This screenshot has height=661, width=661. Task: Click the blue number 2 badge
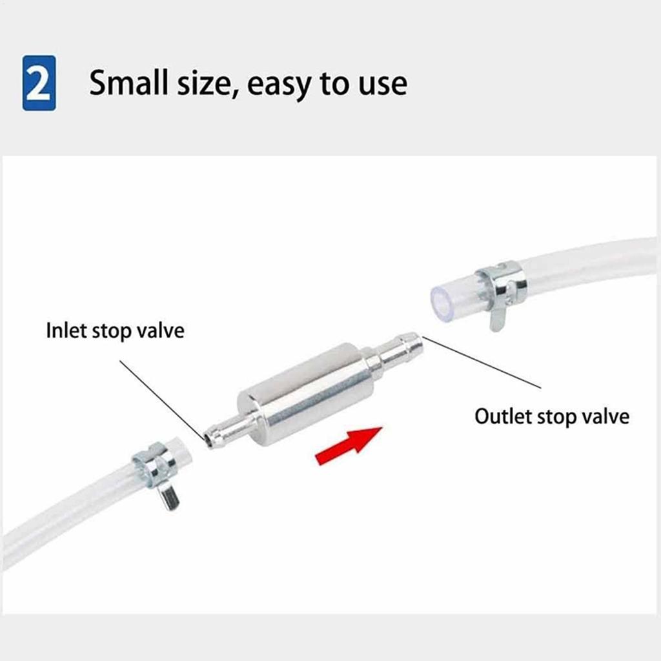click(39, 83)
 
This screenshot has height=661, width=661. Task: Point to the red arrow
click(348, 445)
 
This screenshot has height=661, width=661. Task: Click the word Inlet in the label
click(66, 330)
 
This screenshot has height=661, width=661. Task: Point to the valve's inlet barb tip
click(208, 439)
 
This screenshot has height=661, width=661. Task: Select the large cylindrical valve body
click(307, 393)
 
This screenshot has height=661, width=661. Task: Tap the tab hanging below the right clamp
click(496, 319)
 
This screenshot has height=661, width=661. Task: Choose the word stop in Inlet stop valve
click(114, 331)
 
